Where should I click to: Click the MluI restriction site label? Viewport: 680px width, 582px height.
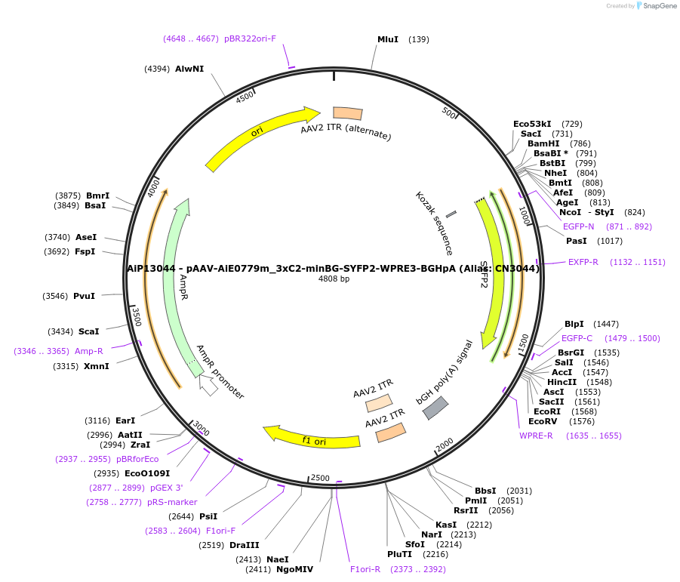click(388, 39)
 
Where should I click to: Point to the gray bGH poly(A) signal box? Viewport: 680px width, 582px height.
click(435, 408)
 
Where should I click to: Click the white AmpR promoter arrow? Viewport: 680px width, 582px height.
click(208, 385)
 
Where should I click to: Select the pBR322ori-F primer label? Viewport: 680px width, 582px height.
click(251, 38)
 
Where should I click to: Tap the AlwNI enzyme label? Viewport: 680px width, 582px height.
click(189, 69)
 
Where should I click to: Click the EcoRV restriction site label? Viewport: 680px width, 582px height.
click(543, 421)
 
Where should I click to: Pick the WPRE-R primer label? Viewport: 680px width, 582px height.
click(536, 436)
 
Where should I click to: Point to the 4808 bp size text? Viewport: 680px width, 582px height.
click(334, 279)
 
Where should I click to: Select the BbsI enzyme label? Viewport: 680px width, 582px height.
click(485, 491)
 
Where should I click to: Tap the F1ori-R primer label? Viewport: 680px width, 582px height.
click(365, 569)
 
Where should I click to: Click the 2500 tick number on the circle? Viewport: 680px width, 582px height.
click(320, 478)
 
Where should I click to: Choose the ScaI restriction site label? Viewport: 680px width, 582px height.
click(88, 331)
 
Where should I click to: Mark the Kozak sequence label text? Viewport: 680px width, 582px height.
click(434, 223)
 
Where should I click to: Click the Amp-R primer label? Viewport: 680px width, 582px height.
click(89, 351)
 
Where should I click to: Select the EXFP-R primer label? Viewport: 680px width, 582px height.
click(583, 262)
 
